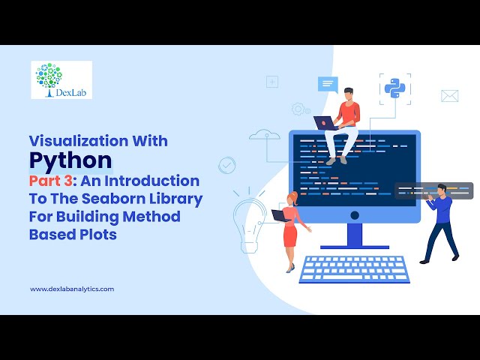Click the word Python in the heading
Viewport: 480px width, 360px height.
coord(70,160)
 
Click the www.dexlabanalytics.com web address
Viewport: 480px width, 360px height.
coord(72,289)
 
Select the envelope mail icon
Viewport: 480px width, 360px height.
coord(449,96)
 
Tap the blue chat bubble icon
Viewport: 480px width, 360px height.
coord(328,83)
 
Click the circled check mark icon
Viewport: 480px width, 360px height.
coord(226,164)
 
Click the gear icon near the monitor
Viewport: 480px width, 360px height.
coord(298,109)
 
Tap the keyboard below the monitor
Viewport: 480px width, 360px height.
coord(354,268)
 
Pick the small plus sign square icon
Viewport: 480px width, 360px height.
coord(271,82)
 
